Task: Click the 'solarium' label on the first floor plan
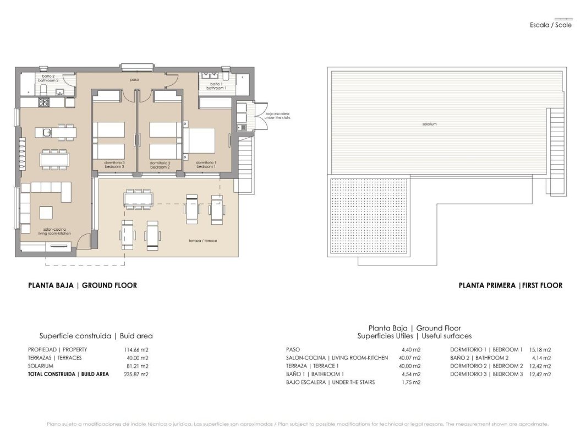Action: coord(430,124)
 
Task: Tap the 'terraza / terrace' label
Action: coord(199,241)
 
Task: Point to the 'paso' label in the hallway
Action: coord(134,80)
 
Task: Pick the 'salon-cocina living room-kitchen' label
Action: coord(57,232)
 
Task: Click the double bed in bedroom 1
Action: coord(200,140)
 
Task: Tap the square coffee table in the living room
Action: coord(46,212)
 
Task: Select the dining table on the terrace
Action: coord(138,199)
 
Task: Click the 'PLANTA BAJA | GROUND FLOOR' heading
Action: coord(83,285)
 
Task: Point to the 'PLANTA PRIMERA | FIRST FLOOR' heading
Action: coord(510,285)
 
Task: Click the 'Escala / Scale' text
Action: coord(550,25)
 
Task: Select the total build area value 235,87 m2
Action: coord(136,374)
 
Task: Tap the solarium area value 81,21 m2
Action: coord(136,366)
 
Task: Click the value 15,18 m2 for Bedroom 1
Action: coord(539,350)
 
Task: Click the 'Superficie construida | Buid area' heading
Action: coord(96,335)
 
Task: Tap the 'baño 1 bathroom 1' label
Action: coord(216,86)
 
